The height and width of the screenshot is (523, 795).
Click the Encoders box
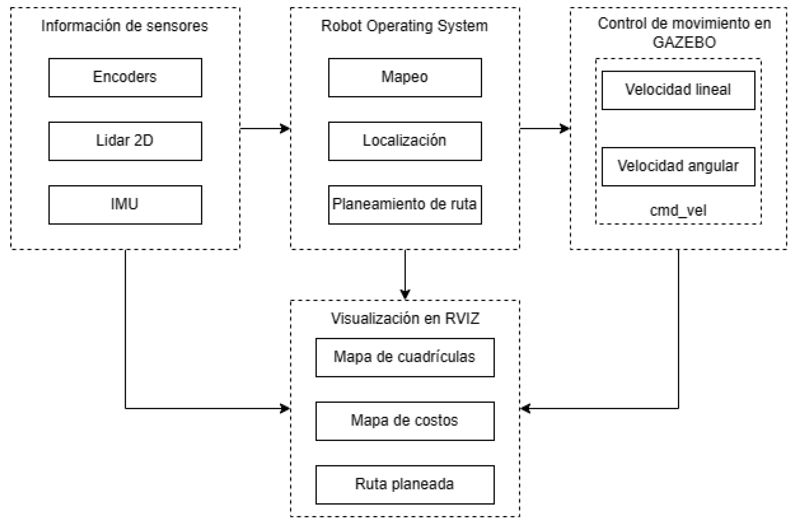(x=125, y=77)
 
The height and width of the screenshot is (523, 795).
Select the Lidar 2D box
(x=125, y=141)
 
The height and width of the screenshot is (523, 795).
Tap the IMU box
(x=125, y=204)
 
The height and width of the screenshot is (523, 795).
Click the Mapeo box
(x=405, y=77)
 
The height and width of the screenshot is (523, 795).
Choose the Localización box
(x=405, y=141)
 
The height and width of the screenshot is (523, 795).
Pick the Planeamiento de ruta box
(x=405, y=204)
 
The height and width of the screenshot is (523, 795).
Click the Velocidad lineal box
(x=678, y=90)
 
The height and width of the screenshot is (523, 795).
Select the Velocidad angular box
(x=678, y=166)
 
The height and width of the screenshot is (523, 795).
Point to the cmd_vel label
(x=678, y=210)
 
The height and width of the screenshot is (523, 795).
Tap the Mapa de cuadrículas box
(x=405, y=357)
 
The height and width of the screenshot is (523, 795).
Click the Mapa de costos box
(x=405, y=421)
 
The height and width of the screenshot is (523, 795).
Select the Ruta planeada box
(x=405, y=485)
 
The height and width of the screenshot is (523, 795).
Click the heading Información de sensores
(x=125, y=26)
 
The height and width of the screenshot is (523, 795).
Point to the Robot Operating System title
(x=405, y=26)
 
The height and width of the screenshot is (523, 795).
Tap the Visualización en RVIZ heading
(x=405, y=319)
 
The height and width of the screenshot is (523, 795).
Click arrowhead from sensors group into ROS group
(x=285, y=129)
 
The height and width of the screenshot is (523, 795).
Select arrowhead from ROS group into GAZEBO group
(x=565, y=129)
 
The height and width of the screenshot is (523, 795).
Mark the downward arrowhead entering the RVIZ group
(x=405, y=295)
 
